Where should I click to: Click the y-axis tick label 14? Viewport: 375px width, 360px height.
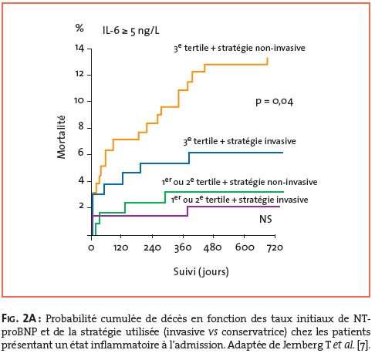[79, 48]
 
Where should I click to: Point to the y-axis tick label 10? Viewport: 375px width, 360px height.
[79, 100]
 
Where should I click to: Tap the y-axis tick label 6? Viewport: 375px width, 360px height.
[81, 153]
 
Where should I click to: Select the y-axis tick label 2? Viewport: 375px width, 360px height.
[81, 206]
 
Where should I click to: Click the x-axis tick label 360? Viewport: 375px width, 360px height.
[183, 247]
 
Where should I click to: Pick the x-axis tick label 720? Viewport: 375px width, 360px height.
[275, 247]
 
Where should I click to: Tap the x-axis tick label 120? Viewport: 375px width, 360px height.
[121, 247]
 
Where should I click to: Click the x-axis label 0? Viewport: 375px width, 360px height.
[91, 248]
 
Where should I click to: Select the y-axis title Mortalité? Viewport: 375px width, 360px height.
[61, 137]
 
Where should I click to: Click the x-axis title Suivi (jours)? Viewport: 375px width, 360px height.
[201, 272]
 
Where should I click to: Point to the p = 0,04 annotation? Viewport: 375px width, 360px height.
[275, 102]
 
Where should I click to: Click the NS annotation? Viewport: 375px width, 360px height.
[265, 219]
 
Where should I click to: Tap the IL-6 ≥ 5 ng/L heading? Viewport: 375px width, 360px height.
[131, 31]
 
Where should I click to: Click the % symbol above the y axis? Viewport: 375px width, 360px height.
[79, 28]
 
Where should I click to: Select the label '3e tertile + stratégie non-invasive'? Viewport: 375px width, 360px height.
[239, 48]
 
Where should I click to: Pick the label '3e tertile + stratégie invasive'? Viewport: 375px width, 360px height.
[239, 141]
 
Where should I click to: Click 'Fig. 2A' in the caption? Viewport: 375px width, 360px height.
[20, 318]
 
